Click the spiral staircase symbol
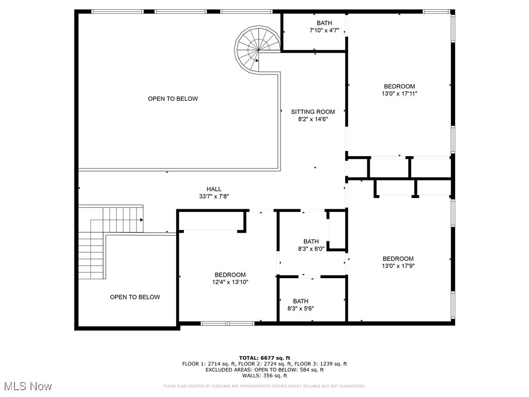[256, 48]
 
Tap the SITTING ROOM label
[313, 112]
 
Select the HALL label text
[213, 189]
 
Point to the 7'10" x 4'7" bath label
[324, 30]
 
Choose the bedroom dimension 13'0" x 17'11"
[399, 94]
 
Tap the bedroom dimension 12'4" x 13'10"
[230, 282]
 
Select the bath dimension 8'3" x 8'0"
[311, 249]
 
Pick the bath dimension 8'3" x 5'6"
[301, 308]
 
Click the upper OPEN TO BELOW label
[173, 99]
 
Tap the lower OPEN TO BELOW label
[135, 297]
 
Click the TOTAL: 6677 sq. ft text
[264, 358]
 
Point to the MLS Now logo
[28, 386]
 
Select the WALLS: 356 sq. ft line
[264, 376]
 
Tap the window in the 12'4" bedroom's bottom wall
[227, 324]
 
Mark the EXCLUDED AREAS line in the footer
[264, 370]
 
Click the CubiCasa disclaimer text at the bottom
[264, 386]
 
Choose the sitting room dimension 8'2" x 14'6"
[313, 119]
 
